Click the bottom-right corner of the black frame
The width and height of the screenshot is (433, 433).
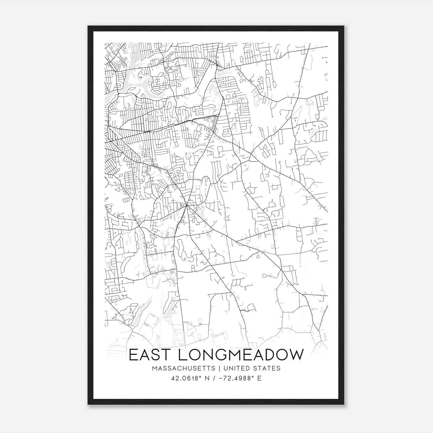tap(344, 404)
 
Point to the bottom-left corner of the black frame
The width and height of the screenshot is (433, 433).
tap(88, 404)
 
